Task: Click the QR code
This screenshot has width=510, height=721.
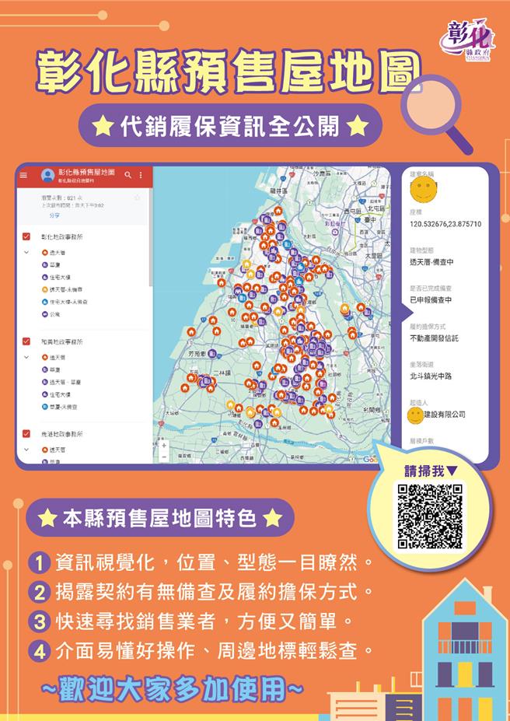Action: tap(430, 516)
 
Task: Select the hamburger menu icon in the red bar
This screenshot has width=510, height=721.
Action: tap(23, 175)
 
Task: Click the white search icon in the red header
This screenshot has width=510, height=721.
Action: tap(127, 175)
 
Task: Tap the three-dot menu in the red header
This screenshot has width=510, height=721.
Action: tap(141, 175)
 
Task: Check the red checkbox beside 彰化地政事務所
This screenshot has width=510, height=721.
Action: tap(26, 236)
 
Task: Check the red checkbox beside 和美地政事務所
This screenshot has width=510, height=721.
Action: tap(26, 341)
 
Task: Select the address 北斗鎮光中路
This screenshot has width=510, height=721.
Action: tap(431, 376)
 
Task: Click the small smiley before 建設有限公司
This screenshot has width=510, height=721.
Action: tap(416, 415)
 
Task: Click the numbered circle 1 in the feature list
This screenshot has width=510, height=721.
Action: tap(40, 562)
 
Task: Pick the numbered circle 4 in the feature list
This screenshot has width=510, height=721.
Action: tap(40, 649)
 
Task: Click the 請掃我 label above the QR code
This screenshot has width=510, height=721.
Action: tap(430, 471)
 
